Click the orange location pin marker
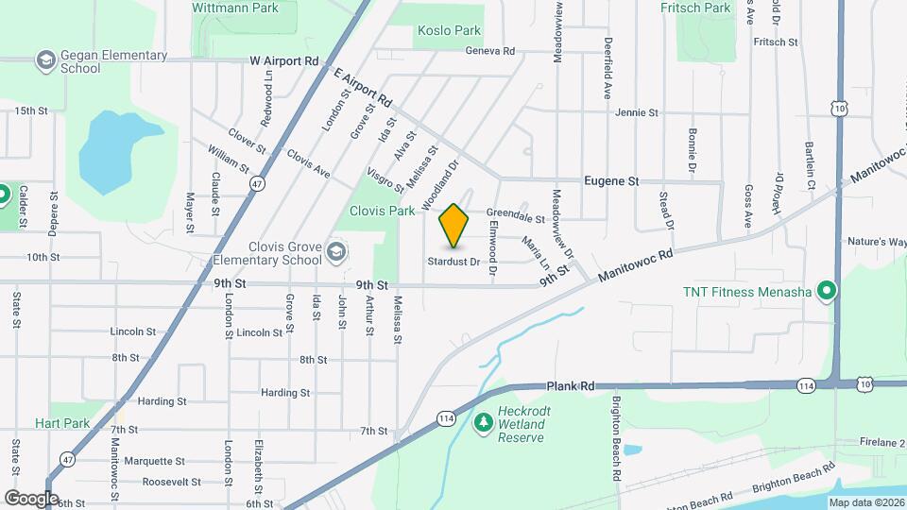point(454,225)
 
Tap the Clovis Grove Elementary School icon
point(336,252)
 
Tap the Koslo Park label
point(449,31)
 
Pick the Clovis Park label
point(383,211)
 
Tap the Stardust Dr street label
point(453,262)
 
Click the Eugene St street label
point(611,180)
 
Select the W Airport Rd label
point(284,60)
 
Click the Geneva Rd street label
point(489,51)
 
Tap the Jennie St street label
point(637,112)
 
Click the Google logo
point(31,498)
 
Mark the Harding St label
point(285,393)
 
